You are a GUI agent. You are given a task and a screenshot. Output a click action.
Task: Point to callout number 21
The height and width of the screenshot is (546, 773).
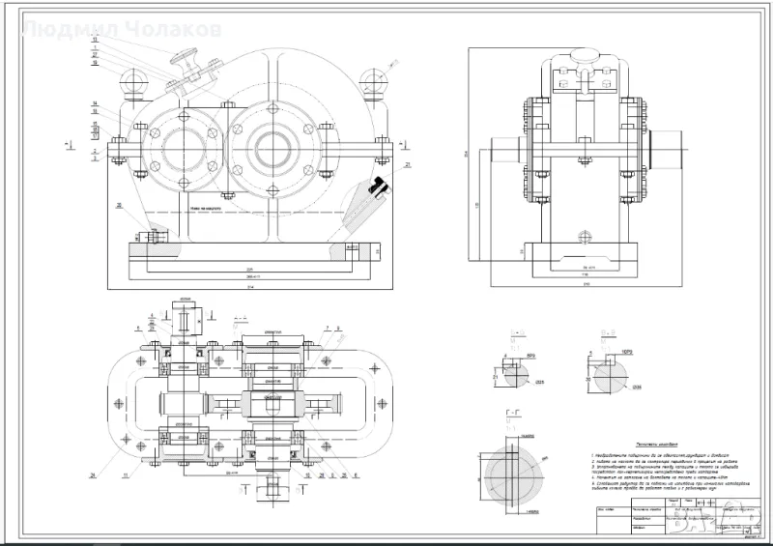pyautogui.click(x=409, y=165)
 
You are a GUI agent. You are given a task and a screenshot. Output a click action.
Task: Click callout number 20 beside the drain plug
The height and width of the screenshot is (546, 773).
pyautogui.click(x=118, y=206)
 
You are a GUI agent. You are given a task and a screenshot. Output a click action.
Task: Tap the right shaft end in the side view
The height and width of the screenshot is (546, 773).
pyautogui.click(x=671, y=152)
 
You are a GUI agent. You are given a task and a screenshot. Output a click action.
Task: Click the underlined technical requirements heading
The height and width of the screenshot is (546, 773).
pyautogui.click(x=637, y=438)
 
